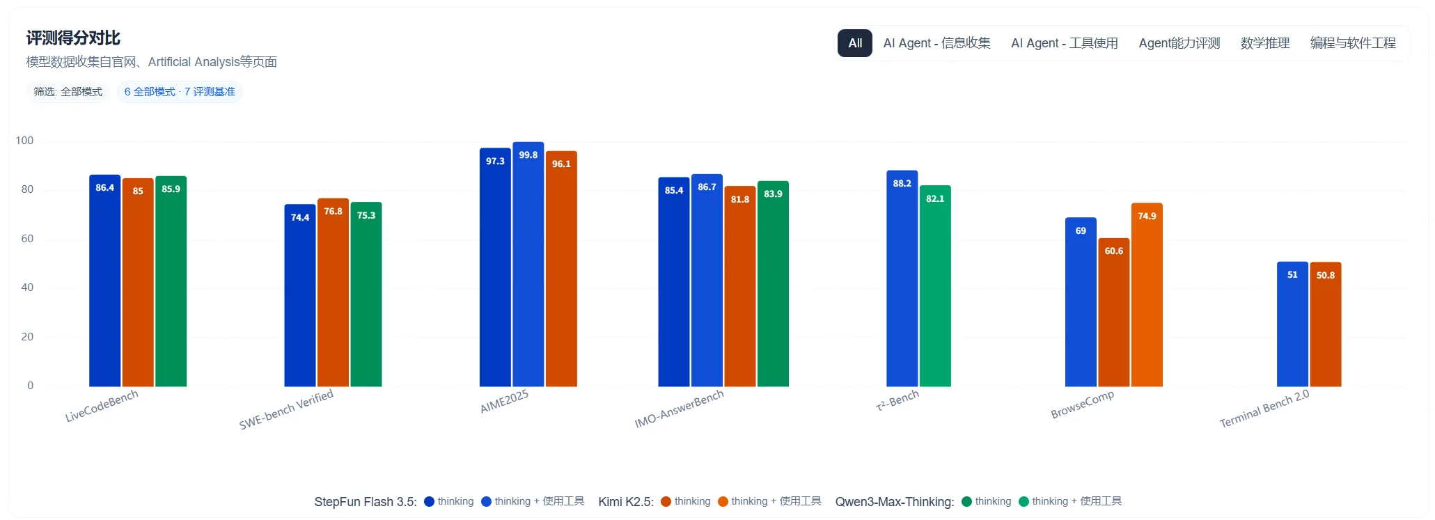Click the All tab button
[x=854, y=43]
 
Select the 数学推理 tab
[x=1264, y=43]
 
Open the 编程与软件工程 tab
[x=1352, y=43]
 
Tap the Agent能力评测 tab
[x=1179, y=43]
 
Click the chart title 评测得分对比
[x=73, y=38]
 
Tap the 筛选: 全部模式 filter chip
[x=68, y=92]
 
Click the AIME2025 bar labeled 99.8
[x=528, y=265]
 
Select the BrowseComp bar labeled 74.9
[x=1147, y=295]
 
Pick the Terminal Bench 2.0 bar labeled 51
[x=1292, y=324]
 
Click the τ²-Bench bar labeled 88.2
[x=902, y=278]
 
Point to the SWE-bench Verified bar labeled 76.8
[x=333, y=292]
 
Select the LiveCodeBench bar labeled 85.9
[x=171, y=281]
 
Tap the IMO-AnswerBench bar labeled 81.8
[x=739, y=286]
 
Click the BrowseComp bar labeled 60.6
[x=1113, y=313]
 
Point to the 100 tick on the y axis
[x=24, y=141]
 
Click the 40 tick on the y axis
[x=27, y=287]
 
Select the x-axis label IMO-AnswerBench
[x=679, y=409]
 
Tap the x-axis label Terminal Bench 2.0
[x=1264, y=409]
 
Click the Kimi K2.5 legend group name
[x=625, y=502]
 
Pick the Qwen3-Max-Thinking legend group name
[x=894, y=502]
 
